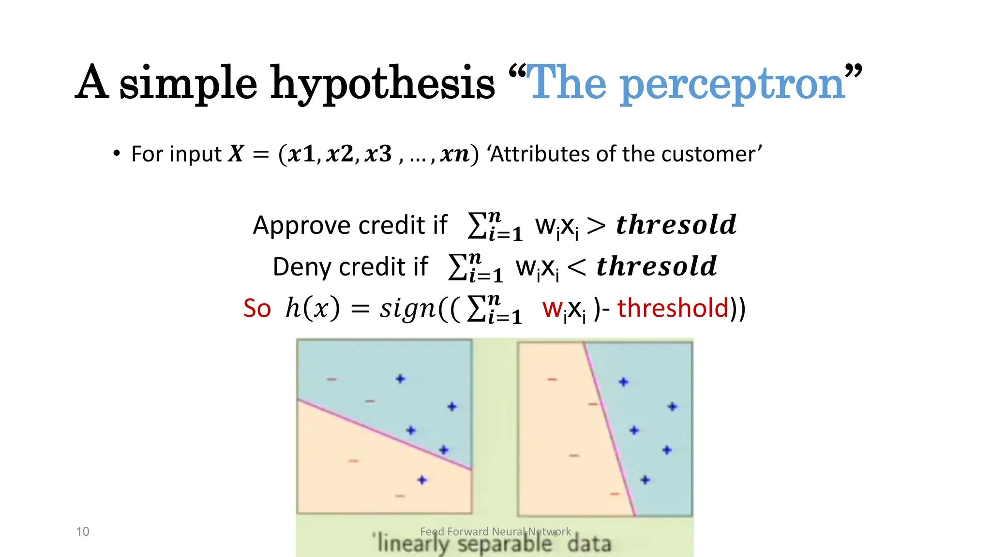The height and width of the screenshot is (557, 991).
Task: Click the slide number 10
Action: click(x=83, y=531)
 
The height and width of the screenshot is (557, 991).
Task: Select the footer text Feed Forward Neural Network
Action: click(x=495, y=531)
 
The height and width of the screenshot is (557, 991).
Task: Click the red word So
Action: click(x=257, y=308)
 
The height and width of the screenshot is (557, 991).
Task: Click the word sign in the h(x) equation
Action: click(x=408, y=308)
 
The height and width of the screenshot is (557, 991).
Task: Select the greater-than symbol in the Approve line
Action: click(x=596, y=225)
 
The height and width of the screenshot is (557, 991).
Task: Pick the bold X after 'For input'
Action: click(x=236, y=154)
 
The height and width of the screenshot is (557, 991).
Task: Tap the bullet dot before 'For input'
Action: click(x=116, y=154)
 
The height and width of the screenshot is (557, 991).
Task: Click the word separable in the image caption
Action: click(x=504, y=544)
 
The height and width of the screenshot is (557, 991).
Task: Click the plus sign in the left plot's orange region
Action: click(x=422, y=480)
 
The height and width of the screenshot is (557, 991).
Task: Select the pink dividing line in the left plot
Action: click(x=385, y=434)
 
